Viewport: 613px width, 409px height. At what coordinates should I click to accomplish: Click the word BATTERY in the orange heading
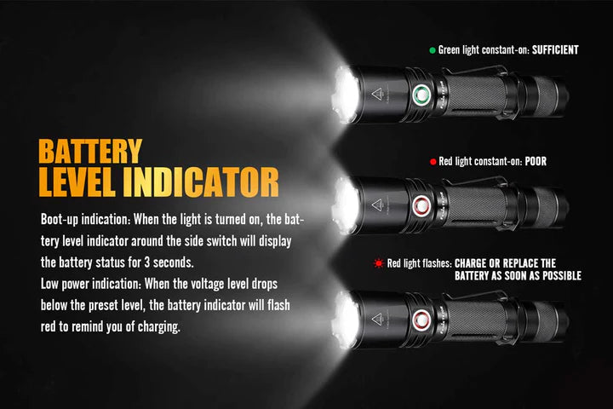click(x=90, y=151)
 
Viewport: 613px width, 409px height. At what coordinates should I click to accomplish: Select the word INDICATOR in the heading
click(x=201, y=182)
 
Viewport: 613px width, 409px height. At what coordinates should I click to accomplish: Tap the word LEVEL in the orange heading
click(x=77, y=182)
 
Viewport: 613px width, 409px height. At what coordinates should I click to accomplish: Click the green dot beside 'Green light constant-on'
click(x=433, y=50)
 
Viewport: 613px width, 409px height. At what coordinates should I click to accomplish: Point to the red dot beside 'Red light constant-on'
click(x=433, y=162)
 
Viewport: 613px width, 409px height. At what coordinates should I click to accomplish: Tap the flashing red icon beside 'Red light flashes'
click(x=378, y=263)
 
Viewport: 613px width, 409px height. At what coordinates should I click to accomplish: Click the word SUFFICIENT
click(x=555, y=49)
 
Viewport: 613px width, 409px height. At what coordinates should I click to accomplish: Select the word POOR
click(x=536, y=161)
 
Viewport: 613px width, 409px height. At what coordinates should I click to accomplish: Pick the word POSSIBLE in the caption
click(x=562, y=275)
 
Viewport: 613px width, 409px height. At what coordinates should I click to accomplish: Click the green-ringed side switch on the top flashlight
click(x=421, y=95)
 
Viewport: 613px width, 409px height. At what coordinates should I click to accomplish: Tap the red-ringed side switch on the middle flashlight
click(x=421, y=206)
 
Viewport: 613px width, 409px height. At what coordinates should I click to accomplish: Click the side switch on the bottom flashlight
click(x=421, y=320)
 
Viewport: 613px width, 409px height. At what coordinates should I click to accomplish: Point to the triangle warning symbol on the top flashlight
click(x=377, y=94)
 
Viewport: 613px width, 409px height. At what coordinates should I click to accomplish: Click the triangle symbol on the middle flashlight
click(x=377, y=204)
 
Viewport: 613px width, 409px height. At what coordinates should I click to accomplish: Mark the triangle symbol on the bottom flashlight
click(x=377, y=319)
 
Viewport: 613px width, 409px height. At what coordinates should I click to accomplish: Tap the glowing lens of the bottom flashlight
click(x=345, y=320)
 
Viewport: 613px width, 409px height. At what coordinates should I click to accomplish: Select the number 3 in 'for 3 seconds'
click(x=146, y=262)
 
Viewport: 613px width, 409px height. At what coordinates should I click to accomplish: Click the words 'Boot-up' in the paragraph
click(x=60, y=220)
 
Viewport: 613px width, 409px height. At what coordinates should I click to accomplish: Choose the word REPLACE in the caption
click(x=521, y=263)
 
